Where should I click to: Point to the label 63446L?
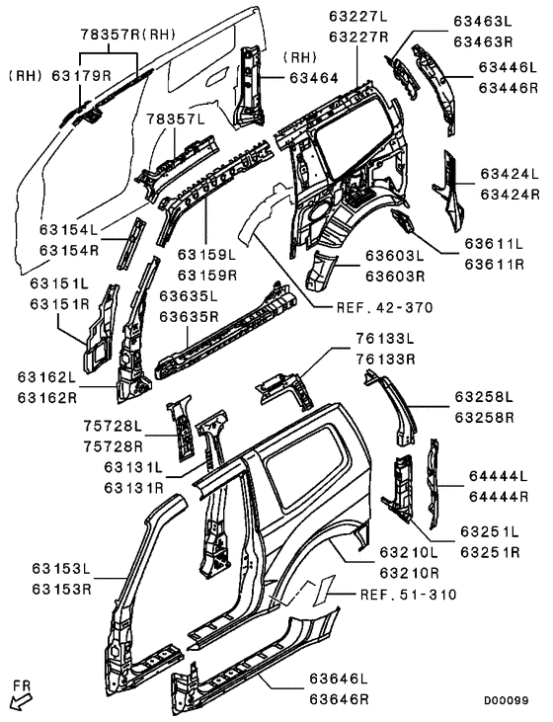(x=509, y=67)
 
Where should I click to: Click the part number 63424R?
(x=509, y=195)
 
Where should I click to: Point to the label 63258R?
(x=485, y=418)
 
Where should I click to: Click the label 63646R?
(x=338, y=700)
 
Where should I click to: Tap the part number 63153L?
(x=61, y=570)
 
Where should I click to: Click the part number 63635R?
(x=189, y=318)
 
